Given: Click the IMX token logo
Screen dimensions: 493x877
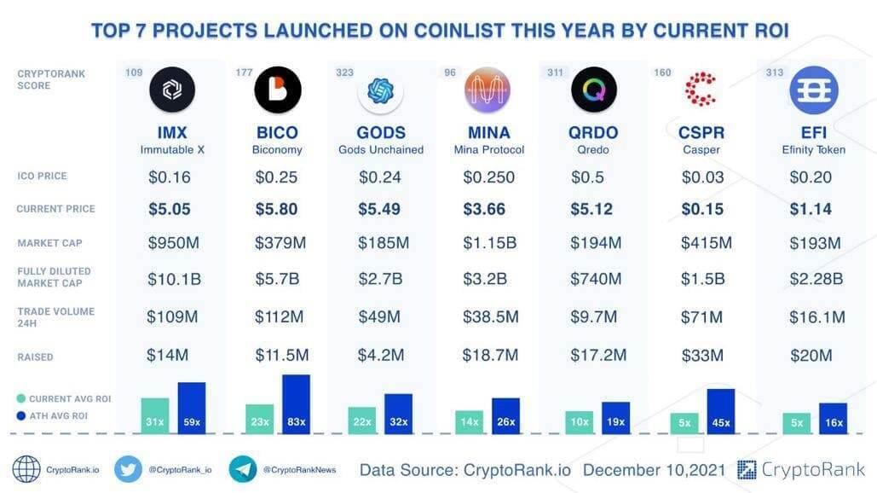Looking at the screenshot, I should click(x=172, y=90).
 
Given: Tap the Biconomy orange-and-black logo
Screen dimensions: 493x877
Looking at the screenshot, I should click(x=277, y=90).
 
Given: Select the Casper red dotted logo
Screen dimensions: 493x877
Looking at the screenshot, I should click(x=701, y=90).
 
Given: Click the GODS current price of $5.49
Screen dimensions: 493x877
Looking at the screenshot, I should click(x=383, y=209).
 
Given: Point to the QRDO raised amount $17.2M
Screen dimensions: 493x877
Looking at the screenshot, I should click(x=597, y=355).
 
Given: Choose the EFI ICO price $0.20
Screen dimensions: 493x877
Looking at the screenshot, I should click(x=811, y=177).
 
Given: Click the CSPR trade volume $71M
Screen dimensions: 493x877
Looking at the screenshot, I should click(x=701, y=317).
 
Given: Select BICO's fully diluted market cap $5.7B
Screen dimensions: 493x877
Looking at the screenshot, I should click(x=277, y=279).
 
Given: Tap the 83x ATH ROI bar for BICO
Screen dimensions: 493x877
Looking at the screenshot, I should click(x=296, y=404).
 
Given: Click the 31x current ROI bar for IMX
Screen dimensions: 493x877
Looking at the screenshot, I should click(x=155, y=416).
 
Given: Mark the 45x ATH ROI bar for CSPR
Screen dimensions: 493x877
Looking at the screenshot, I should click(x=720, y=412).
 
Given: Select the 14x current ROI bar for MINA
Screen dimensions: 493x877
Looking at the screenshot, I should click(x=469, y=422).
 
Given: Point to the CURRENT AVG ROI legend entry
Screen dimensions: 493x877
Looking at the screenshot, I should click(x=64, y=398).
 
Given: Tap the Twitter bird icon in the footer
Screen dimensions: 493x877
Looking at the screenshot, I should click(x=128, y=469).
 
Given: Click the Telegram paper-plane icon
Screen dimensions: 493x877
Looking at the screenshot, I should click(x=243, y=469).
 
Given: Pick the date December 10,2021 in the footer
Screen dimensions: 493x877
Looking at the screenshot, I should click(x=655, y=470).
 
